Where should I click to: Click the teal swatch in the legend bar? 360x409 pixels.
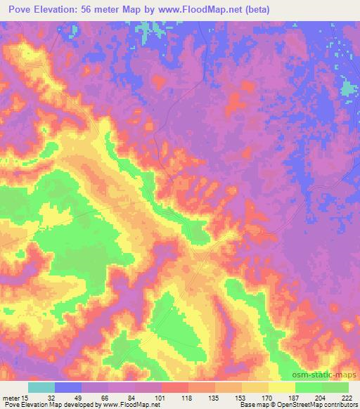41,388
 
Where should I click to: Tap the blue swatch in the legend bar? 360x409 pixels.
68,388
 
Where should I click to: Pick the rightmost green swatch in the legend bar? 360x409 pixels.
335,388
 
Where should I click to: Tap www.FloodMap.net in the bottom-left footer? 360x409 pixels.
131,405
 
